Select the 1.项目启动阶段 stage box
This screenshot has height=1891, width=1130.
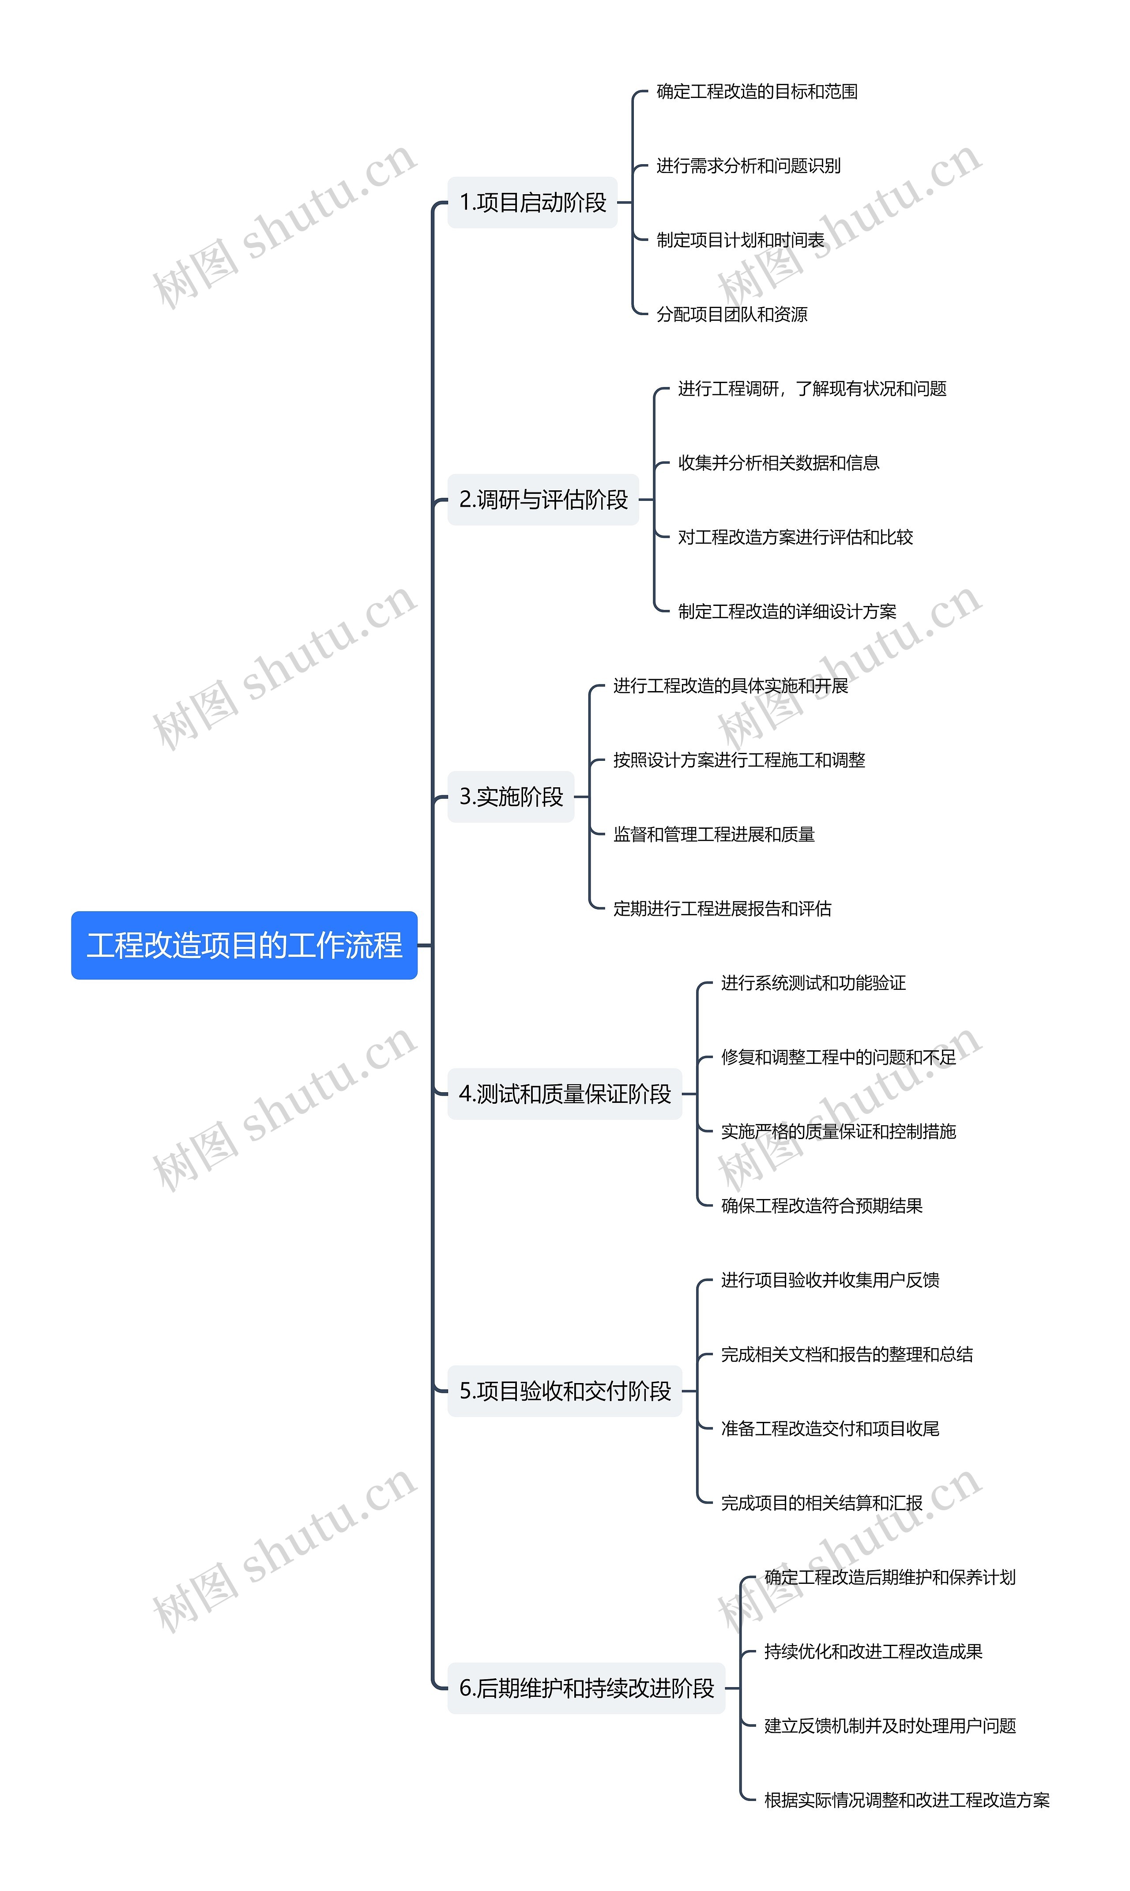532,203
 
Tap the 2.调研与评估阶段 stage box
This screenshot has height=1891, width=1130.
543,500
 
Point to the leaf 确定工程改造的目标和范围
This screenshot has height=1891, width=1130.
757,92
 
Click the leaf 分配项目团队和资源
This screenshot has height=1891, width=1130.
732,314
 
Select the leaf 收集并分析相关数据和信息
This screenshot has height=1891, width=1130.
778,463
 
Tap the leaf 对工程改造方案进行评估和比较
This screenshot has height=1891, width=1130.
795,538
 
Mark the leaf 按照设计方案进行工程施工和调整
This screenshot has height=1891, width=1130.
738,760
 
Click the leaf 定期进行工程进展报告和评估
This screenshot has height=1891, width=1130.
722,908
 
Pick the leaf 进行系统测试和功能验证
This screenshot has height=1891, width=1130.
813,983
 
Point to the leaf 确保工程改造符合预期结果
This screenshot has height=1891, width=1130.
821,1205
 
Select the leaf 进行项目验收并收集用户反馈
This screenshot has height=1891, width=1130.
830,1280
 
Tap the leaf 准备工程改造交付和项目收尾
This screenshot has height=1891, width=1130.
830,1428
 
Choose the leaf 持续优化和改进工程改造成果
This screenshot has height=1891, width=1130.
873,1651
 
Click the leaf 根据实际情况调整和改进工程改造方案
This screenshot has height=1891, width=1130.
906,1800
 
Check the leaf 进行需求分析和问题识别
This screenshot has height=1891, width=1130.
749,166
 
